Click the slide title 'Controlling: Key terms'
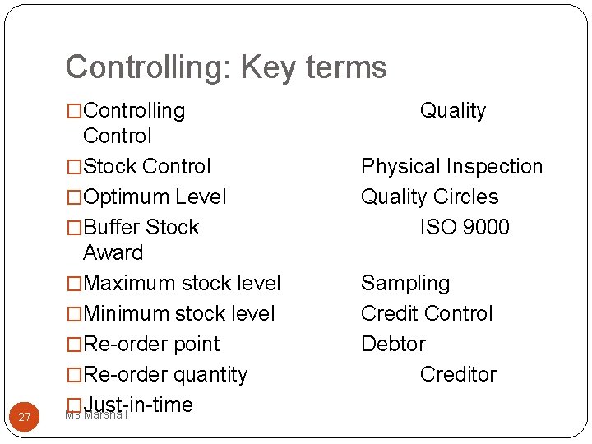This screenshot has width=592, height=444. (226, 67)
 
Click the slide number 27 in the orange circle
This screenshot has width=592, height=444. (25, 418)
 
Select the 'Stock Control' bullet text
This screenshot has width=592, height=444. (147, 166)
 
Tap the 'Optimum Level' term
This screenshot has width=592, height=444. (155, 197)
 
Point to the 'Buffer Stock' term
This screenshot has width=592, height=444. (141, 227)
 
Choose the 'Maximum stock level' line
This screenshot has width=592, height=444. (182, 283)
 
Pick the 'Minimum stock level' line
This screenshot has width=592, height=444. (179, 313)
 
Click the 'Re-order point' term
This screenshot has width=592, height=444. (152, 344)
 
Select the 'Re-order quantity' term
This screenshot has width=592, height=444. (165, 374)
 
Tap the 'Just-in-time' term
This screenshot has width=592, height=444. (138, 404)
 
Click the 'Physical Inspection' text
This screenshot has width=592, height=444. (452, 166)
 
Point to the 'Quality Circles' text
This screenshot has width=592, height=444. (430, 197)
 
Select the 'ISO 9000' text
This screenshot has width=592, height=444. (465, 227)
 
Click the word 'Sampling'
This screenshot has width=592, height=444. (405, 283)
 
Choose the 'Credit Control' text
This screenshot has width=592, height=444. (427, 313)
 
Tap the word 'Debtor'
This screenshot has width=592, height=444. (393, 344)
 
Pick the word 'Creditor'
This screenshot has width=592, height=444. (458, 374)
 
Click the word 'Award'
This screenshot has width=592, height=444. (113, 252)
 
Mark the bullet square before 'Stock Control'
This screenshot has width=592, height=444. (75, 167)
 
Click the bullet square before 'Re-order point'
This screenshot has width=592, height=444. (75, 345)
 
